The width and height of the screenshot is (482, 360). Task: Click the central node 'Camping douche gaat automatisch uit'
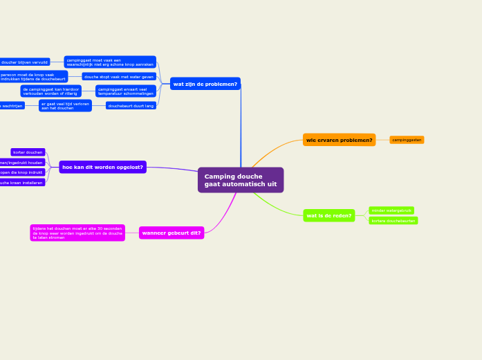click(240, 180)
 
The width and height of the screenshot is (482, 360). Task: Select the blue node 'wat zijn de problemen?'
click(205, 84)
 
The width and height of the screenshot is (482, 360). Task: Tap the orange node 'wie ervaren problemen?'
click(339, 140)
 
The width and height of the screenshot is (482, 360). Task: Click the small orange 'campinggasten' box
click(407, 140)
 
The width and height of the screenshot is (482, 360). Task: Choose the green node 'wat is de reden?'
click(328, 215)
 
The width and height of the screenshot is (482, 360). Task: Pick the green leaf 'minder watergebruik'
click(391, 210)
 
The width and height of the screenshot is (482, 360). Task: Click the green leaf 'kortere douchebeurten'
click(393, 221)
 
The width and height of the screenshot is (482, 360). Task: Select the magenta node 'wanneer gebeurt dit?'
click(172, 233)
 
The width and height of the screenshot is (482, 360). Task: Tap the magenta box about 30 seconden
click(77, 233)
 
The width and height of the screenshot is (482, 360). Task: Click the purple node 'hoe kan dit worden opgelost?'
click(102, 167)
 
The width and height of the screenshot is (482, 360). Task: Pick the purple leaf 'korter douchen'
click(28, 152)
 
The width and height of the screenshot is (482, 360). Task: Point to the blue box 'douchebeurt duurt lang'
click(131, 106)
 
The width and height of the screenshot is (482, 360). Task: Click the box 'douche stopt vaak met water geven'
click(119, 77)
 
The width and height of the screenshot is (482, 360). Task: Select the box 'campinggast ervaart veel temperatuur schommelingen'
click(125, 91)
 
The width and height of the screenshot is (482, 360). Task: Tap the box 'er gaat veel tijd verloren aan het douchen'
click(65, 106)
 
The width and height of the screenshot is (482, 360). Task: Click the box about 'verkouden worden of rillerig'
click(50, 91)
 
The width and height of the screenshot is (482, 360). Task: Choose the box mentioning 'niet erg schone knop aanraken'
click(110, 62)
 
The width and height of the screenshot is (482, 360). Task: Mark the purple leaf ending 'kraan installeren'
click(22, 183)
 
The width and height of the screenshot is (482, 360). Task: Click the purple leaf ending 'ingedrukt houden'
click(22, 163)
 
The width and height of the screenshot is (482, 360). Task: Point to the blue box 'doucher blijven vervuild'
click(25, 62)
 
